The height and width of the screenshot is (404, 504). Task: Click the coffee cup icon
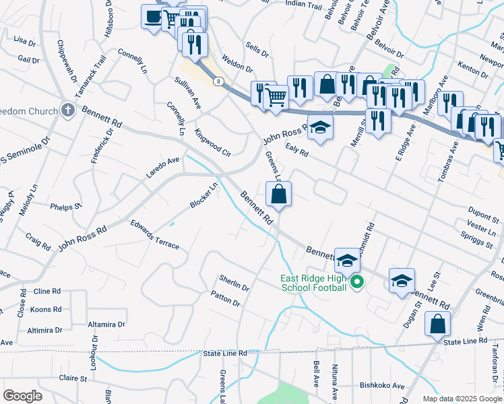tap(152, 16)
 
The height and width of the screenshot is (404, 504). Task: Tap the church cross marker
tap(67, 109)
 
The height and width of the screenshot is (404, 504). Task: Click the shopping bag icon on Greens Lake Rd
tap(279, 195)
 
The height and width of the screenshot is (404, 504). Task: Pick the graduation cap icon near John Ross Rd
tap(321, 128)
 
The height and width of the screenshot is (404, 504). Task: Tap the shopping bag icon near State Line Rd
tap(438, 323)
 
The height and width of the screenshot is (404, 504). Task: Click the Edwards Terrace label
tap(155, 234)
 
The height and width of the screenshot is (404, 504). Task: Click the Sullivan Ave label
tap(188, 93)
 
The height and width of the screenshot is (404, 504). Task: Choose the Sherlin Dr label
tap(234, 282)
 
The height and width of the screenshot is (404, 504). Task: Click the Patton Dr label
tap(225, 298)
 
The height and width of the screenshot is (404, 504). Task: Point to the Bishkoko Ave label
tap(381, 386)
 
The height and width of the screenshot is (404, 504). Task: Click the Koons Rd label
tap(46, 310)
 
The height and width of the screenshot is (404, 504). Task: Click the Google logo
tap(22, 396)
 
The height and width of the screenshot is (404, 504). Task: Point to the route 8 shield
tap(219, 81)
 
